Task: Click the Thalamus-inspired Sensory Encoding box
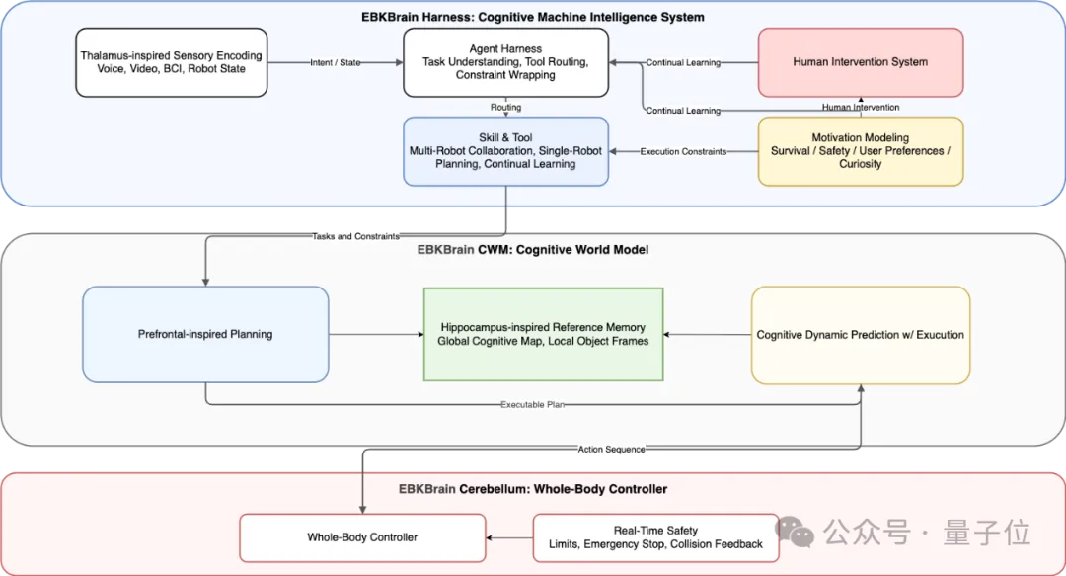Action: coord(172,62)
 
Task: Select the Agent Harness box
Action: coord(505,62)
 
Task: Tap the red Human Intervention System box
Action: coord(861,62)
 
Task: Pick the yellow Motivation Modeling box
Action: coord(861,151)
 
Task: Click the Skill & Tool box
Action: coord(505,151)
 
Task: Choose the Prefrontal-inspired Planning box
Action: coord(205,334)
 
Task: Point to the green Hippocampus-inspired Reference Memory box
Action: coord(543,334)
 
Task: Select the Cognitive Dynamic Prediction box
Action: coord(861,335)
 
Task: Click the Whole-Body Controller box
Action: coord(362,537)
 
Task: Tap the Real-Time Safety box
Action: coord(656,537)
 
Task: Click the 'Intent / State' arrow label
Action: coord(336,62)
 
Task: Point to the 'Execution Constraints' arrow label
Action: coord(683,152)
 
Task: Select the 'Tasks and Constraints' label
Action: coord(355,236)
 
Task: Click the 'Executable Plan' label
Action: coord(532,404)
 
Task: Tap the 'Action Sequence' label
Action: coord(611,450)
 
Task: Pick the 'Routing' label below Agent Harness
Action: coord(505,107)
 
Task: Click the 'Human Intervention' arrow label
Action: coord(861,107)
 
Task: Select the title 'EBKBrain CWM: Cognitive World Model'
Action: coord(533,250)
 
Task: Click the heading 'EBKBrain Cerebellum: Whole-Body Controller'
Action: coord(533,489)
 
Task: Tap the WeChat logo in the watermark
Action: coord(795,532)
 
